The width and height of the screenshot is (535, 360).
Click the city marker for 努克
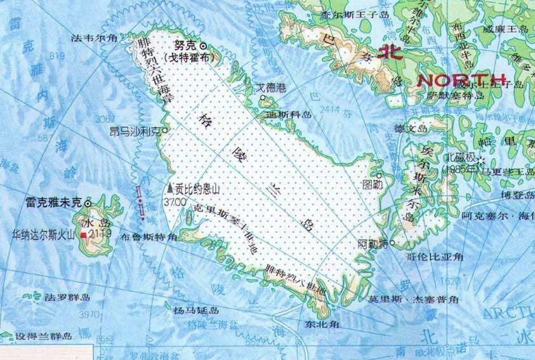coord(204,46)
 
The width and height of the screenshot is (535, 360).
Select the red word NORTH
coord(461,80)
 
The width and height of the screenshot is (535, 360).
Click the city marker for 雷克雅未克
coord(88,202)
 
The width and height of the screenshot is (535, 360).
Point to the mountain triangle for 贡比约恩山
coord(169,189)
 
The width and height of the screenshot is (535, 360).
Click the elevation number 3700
coord(175,201)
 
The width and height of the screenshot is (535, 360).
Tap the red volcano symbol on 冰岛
coord(83,236)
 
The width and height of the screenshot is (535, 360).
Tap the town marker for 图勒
coord(379,176)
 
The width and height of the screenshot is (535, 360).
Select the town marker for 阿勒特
coord(393,243)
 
